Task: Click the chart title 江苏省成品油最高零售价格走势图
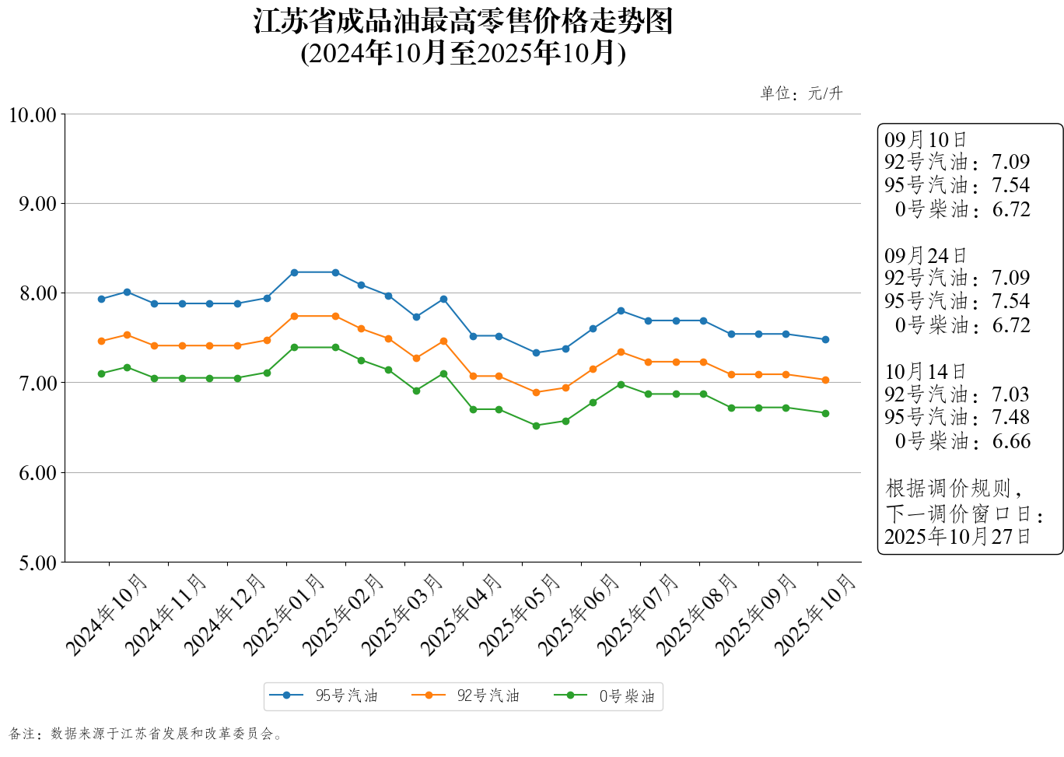coord(463,22)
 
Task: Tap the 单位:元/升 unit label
coord(801,93)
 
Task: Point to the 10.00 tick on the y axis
coord(33,115)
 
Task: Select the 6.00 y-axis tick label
coord(37,473)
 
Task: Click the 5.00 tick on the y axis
coord(37,562)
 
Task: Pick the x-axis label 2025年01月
coord(285,614)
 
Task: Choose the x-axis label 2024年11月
coord(166,614)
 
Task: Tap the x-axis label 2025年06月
coord(579,614)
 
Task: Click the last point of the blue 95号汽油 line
coord(825,339)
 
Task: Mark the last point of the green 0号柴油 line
coord(825,413)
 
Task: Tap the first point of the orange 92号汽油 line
coord(101,341)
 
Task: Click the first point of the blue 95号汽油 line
coord(101,299)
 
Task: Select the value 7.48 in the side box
coord(1010,418)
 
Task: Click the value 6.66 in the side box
coord(1011,441)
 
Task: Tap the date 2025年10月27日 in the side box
coord(957,536)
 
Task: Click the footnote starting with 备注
coord(145,734)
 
